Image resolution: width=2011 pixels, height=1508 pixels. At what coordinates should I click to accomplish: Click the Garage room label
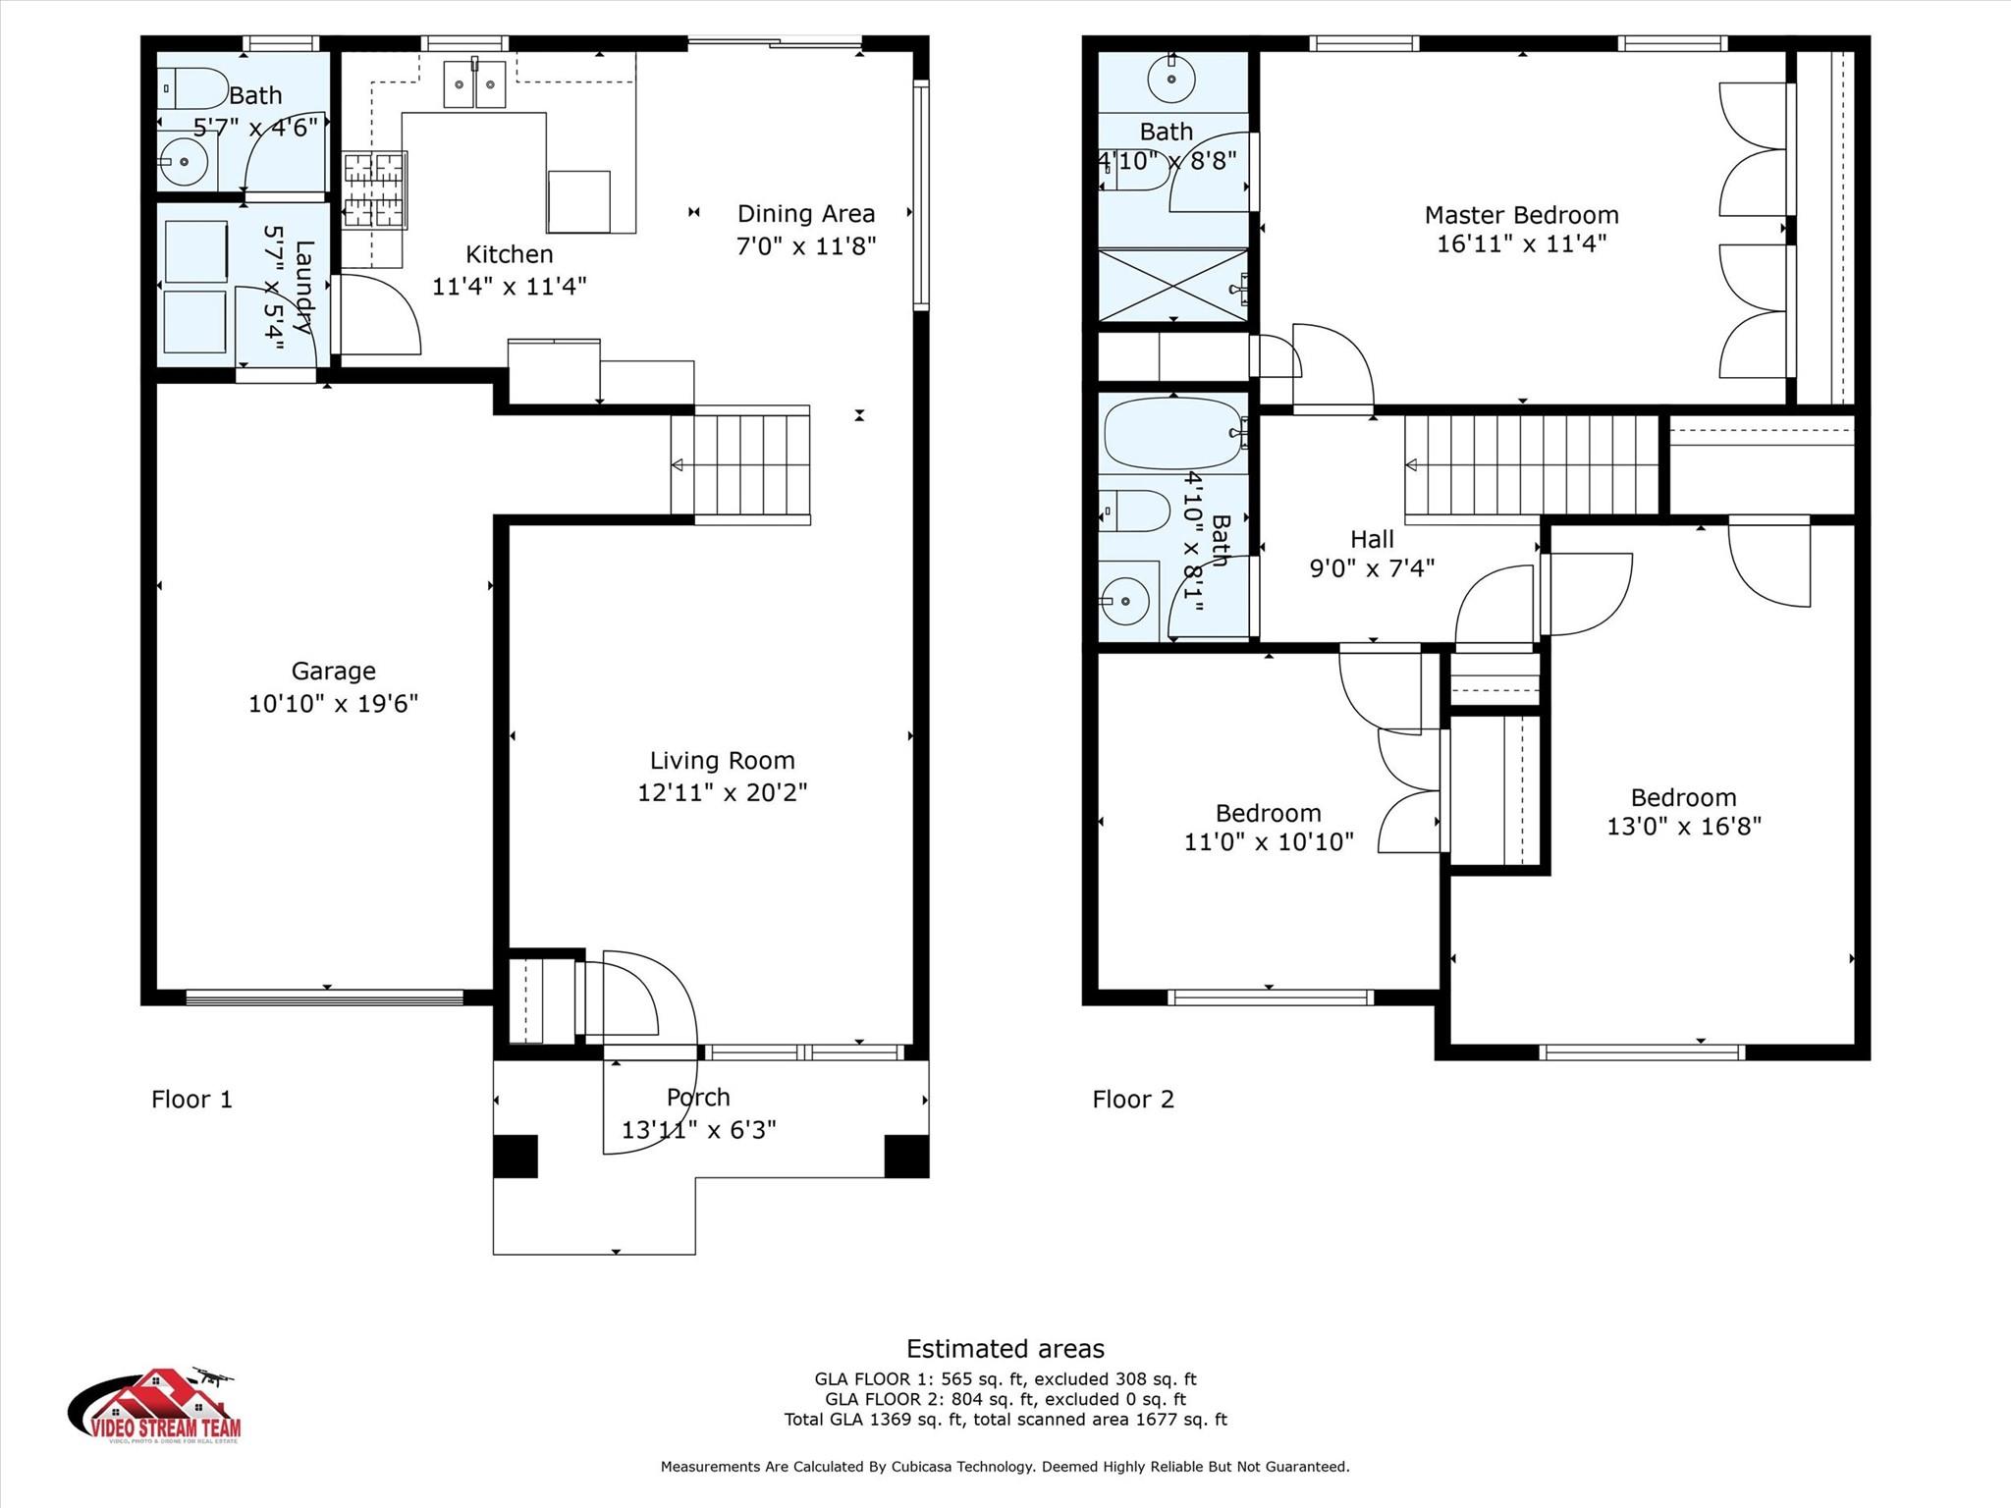tap(333, 672)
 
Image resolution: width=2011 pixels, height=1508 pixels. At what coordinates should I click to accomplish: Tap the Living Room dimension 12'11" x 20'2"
tap(722, 792)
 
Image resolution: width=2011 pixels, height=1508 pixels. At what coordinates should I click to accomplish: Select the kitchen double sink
tap(474, 84)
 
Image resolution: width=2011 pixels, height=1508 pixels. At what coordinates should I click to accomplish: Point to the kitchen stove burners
tap(374, 190)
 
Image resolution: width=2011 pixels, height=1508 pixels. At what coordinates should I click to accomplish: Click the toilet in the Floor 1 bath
tap(191, 88)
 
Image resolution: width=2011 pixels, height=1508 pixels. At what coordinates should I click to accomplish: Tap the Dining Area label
tap(805, 214)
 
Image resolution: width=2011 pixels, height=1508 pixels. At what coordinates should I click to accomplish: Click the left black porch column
tap(515, 1156)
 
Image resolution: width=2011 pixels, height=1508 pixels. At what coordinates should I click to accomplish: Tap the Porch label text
tap(698, 1098)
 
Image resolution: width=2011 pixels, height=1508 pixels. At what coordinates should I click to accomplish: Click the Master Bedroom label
tap(1521, 215)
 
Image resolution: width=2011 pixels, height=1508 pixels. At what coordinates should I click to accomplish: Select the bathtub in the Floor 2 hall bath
tap(1172, 433)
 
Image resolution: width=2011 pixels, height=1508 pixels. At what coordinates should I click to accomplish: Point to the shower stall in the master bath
tap(1172, 285)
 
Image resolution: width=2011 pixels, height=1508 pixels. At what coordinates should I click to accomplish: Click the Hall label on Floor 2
tap(1372, 539)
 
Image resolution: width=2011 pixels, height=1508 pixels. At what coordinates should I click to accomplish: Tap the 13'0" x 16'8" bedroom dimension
tap(1683, 827)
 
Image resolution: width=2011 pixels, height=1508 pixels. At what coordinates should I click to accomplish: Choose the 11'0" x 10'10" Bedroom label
tap(1268, 813)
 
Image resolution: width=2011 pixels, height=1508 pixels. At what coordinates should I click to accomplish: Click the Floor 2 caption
tap(1132, 1100)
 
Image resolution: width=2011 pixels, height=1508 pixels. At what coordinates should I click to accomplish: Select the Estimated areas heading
tap(1005, 1349)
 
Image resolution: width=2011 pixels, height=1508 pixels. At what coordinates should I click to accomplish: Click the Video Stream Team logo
tap(154, 1406)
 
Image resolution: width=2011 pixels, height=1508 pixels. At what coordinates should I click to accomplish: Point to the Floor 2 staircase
tap(1532, 464)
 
